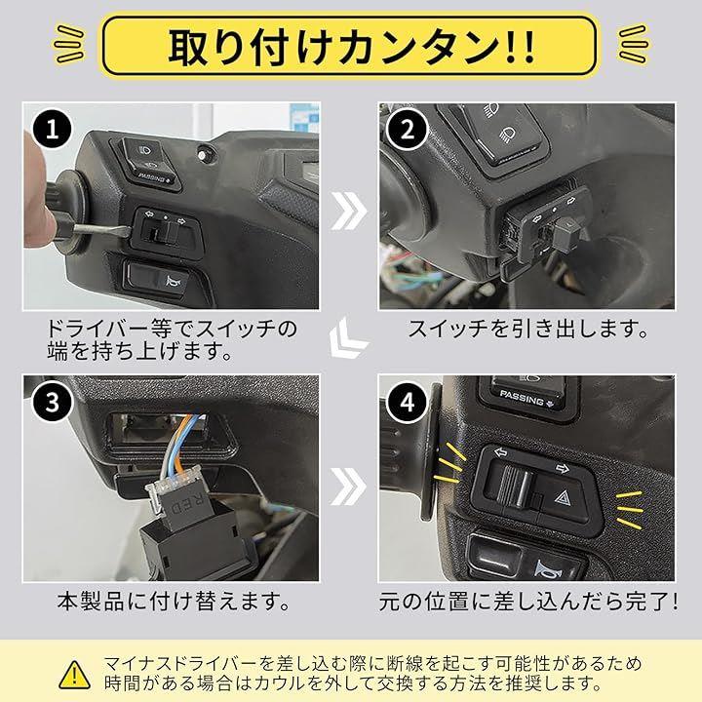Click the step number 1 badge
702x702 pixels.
coord(53,130)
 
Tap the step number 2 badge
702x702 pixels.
coord(407,130)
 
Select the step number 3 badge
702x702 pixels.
coord(53,401)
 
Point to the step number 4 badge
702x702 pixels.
coord(407,402)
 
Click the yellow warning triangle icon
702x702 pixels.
coord(75,675)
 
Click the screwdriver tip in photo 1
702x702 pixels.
coord(128,230)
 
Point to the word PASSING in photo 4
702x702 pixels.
coord(522,398)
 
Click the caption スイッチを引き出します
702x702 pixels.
coord(527,330)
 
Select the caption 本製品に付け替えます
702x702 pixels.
coord(173,602)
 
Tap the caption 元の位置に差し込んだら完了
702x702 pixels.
coord(527,602)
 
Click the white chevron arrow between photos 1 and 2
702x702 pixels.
coord(349,211)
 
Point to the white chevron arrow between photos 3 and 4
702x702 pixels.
coord(349,487)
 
